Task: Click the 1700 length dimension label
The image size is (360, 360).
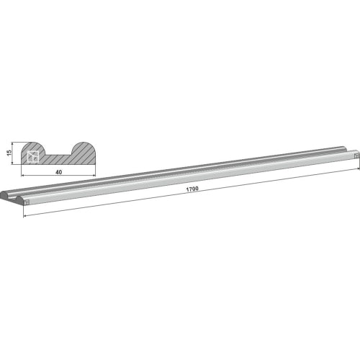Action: tap(192, 189)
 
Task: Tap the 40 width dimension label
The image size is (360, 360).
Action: tap(58, 172)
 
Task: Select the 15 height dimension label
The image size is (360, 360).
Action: tap(9, 153)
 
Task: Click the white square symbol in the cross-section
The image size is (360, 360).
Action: tap(32, 157)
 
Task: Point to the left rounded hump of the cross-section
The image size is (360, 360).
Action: tap(34, 147)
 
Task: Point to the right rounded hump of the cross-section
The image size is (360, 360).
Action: tap(84, 147)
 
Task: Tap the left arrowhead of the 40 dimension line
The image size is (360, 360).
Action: tap(23, 176)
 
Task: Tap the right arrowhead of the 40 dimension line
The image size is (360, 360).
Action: tap(94, 176)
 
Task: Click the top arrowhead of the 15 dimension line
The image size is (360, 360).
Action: tap(12, 143)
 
